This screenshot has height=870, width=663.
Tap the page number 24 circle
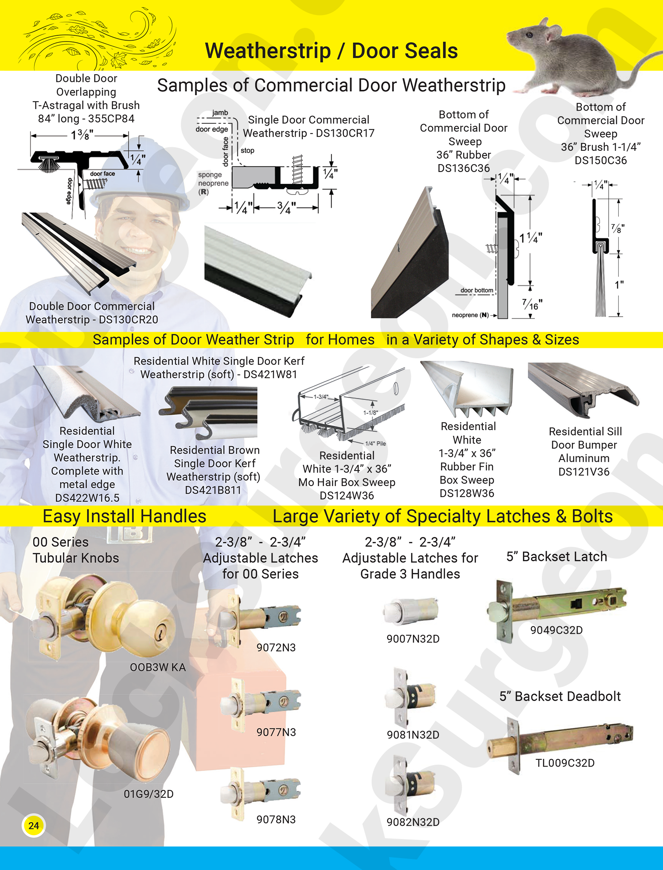(34, 825)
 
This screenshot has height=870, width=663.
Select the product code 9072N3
(276, 648)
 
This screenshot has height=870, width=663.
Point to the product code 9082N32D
(413, 822)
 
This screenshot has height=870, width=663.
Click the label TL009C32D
(565, 763)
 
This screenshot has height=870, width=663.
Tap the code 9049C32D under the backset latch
(556, 630)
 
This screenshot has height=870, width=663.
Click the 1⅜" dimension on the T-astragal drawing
(82, 135)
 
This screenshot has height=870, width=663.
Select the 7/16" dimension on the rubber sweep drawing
(532, 304)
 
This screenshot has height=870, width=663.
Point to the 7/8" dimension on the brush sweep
(617, 229)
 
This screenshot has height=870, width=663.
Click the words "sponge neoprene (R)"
(213, 183)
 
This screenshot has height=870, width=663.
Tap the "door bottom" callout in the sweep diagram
(476, 291)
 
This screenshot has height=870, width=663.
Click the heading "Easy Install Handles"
(124, 516)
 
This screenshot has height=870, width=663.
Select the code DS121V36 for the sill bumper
(584, 472)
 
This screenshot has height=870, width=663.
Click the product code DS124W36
(347, 495)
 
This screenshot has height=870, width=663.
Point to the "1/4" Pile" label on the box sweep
(375, 443)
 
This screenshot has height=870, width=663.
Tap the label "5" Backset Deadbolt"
(560, 696)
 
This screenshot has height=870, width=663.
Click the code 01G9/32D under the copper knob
(149, 794)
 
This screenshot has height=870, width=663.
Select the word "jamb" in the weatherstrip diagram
(220, 113)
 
